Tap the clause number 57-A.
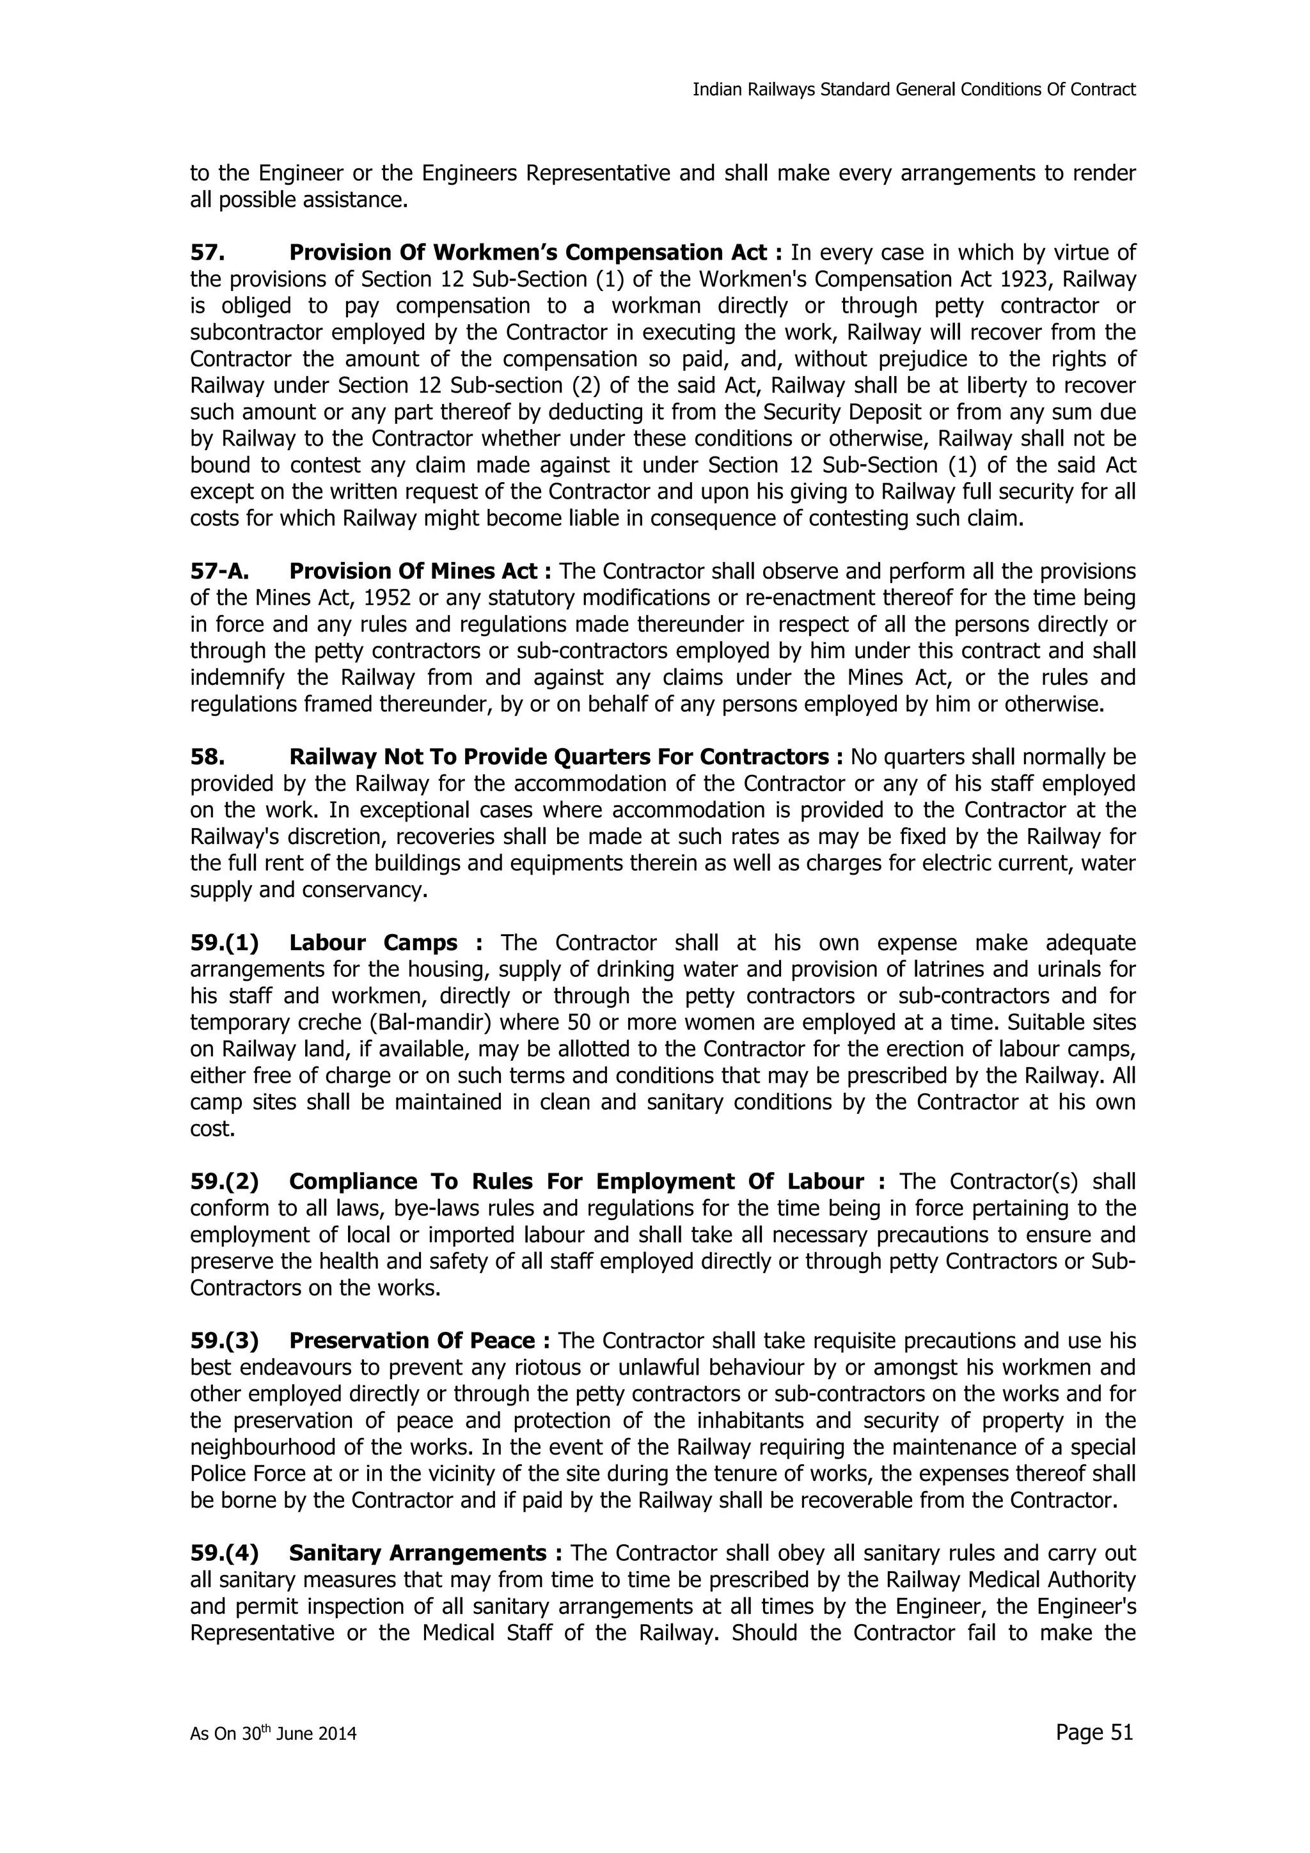pos(219,572)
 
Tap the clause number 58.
pos(207,757)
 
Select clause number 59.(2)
pos(225,1182)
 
